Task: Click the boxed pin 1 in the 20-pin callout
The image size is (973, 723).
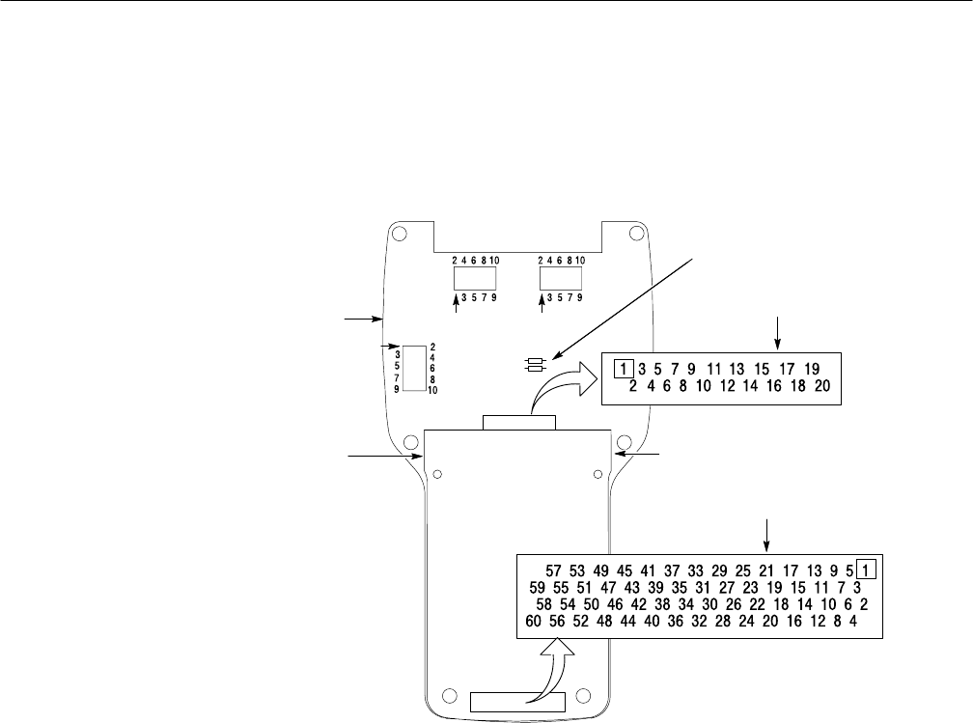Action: coord(624,368)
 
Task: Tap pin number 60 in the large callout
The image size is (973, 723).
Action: coord(533,623)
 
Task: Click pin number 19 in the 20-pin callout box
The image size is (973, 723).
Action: coord(811,368)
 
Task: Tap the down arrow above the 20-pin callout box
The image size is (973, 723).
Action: coord(777,333)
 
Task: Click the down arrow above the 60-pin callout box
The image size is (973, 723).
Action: coord(768,533)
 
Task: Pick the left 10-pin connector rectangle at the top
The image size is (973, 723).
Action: coord(475,279)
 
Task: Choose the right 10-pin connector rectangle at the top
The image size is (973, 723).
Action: coord(560,279)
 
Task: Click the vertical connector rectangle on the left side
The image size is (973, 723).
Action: coord(415,367)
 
